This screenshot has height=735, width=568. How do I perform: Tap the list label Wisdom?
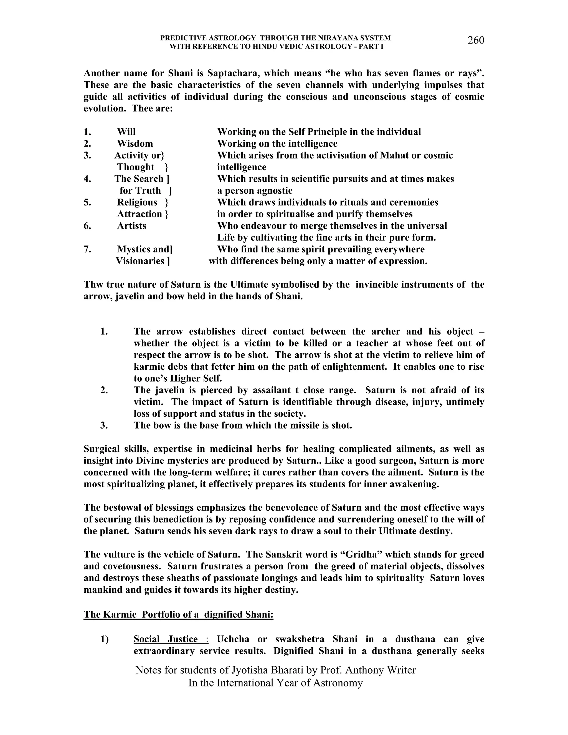[135, 144]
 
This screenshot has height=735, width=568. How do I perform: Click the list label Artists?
[131, 226]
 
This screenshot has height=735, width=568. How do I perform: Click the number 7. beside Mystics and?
[87, 249]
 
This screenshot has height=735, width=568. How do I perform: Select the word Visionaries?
[140, 261]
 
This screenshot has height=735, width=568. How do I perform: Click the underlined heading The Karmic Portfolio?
[178, 615]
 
